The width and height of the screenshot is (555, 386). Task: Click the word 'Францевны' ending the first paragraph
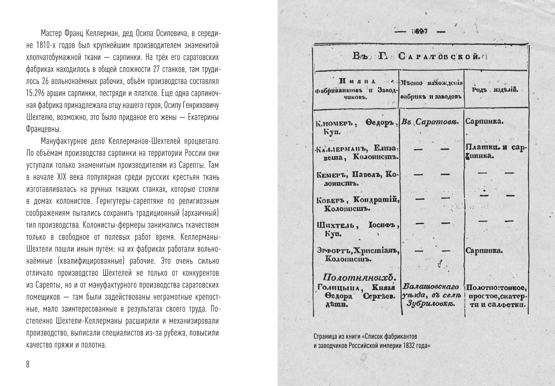point(43,129)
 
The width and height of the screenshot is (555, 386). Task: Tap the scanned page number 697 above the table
point(419,31)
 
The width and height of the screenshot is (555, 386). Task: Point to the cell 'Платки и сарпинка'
point(496,151)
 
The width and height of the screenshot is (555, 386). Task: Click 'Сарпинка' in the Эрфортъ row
point(484,251)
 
